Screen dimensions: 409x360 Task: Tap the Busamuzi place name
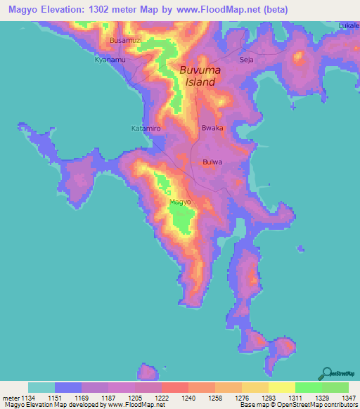[126, 41]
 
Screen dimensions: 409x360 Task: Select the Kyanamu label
[110, 60]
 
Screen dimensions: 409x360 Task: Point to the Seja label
[246, 60]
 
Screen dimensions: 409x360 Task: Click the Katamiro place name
[146, 129]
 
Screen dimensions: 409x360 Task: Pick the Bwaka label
[212, 129]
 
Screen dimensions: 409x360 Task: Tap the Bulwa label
[212, 162]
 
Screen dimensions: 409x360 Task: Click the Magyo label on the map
[180, 202]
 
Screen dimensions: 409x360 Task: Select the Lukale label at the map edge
[349, 26]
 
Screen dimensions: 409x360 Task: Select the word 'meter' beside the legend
[8, 398]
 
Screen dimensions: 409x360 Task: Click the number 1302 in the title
[117, 10]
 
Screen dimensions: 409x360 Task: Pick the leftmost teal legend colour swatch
[41, 387]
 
